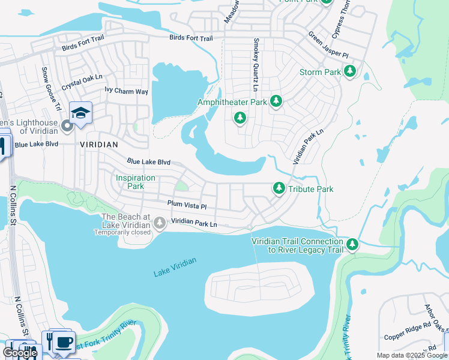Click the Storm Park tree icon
click(x=350, y=72)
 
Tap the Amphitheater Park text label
click(x=232, y=103)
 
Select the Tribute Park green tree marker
click(x=279, y=188)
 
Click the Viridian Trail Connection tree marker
click(x=352, y=244)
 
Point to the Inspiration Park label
click(x=136, y=182)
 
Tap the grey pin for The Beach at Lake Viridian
click(x=160, y=223)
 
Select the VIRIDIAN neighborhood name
click(x=99, y=145)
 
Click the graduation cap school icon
click(x=80, y=112)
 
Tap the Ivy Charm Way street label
click(x=126, y=91)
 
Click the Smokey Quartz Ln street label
click(x=256, y=61)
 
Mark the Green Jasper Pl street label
click(x=328, y=46)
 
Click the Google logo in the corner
click(x=20, y=353)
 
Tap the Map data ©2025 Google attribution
click(x=411, y=355)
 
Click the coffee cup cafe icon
click(x=63, y=343)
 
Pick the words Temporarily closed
click(x=126, y=232)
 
